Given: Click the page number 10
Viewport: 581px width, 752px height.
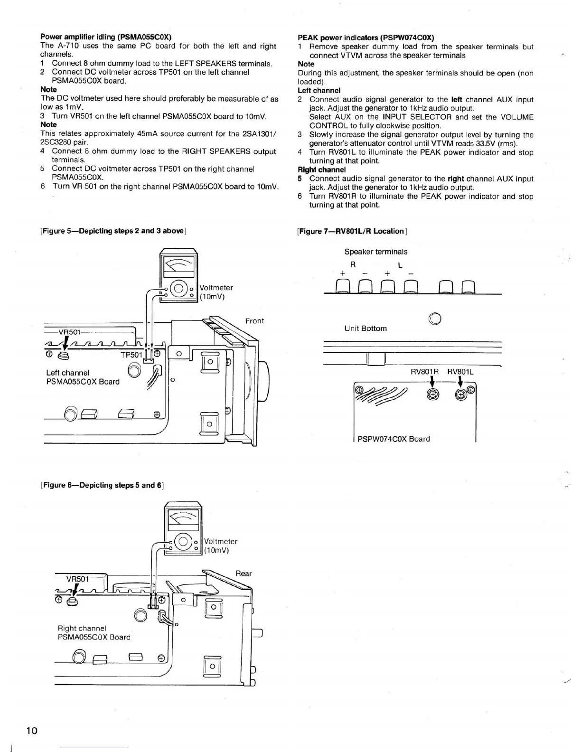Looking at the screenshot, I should (x=32, y=730).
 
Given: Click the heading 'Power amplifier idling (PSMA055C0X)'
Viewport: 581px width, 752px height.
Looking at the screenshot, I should (x=106, y=37).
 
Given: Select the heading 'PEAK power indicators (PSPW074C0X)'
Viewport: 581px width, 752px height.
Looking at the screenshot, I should (x=365, y=38).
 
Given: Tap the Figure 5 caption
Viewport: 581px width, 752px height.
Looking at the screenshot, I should (x=113, y=231).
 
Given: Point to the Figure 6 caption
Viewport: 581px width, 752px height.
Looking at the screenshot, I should (x=102, y=485).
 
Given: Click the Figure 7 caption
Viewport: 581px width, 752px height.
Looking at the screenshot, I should (x=352, y=231).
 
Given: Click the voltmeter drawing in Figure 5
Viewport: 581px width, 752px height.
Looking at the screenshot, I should (x=178, y=278).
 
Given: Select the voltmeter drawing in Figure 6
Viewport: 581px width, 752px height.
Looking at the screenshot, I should (x=183, y=532).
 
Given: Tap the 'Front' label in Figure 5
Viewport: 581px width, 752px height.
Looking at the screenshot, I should (x=254, y=321).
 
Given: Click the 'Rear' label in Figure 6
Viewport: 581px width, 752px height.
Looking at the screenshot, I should (x=244, y=573).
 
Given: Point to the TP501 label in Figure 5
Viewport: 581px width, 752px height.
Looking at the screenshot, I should (x=131, y=355).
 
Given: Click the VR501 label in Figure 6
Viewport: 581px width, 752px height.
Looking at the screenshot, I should (x=77, y=579).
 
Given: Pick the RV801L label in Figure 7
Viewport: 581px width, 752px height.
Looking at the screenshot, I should (x=460, y=372).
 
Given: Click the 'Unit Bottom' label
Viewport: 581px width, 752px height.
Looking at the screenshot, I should (x=365, y=329).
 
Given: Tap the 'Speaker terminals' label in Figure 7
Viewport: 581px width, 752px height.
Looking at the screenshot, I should (x=375, y=252).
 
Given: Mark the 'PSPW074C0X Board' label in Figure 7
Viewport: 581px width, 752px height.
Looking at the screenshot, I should (x=394, y=439).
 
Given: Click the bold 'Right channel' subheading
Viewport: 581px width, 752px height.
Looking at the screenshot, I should (x=321, y=170).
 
